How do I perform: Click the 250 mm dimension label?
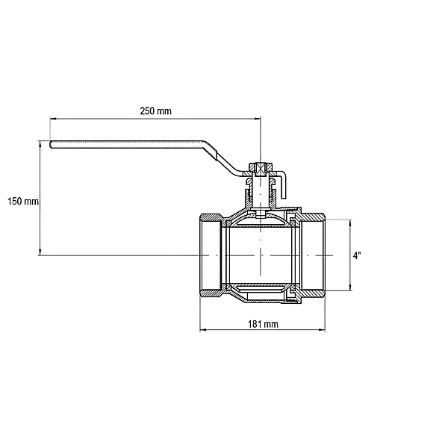tap(156, 111)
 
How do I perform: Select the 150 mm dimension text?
tap(23, 201)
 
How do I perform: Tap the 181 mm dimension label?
tap(263, 324)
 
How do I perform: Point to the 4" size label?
tap(357, 255)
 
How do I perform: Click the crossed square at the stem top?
tap(261, 169)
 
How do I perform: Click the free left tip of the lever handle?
tap(51, 144)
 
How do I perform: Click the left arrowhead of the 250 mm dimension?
tap(53, 118)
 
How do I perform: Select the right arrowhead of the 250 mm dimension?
tap(258, 118)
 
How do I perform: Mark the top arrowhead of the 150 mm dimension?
tap(40, 144)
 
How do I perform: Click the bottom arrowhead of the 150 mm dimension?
tap(40, 252)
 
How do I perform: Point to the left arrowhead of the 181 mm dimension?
tap(203, 330)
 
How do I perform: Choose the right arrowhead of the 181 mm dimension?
tap(322, 330)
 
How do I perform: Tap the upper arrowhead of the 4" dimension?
tap(350, 223)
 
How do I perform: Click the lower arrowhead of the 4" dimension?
tap(350, 287)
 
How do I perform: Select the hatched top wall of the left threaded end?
tap(211, 217)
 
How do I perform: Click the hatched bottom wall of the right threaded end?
tap(313, 293)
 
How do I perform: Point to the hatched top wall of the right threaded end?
tap(313, 217)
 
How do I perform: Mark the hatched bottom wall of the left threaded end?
tap(211, 293)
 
